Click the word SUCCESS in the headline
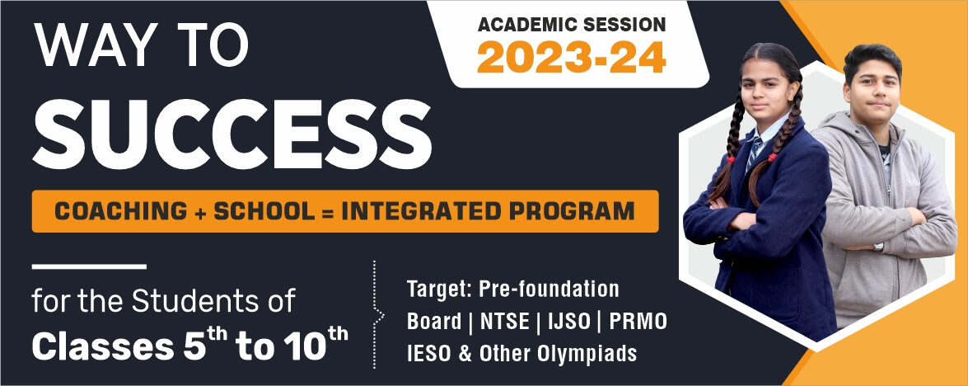[x=232, y=134]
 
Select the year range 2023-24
[x=571, y=58]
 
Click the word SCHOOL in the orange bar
[x=264, y=211]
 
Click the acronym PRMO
[x=638, y=321]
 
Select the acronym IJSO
[x=570, y=321]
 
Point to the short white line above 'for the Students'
[x=89, y=266]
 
